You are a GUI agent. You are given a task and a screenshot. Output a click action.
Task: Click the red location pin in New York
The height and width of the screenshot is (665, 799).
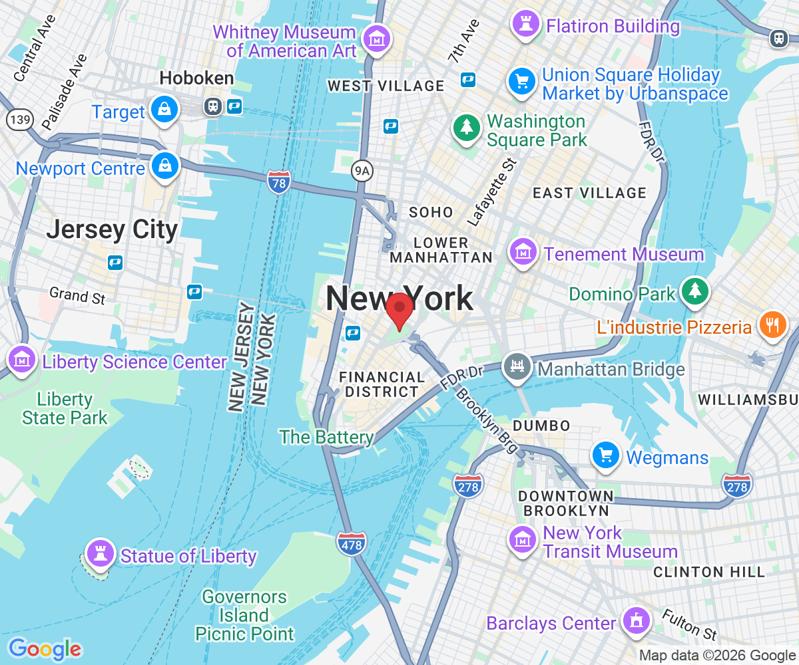400,308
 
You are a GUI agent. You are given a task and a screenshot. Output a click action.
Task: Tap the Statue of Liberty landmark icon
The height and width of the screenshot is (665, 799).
101,552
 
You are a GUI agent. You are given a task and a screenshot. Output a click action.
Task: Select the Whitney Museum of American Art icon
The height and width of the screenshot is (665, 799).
378,39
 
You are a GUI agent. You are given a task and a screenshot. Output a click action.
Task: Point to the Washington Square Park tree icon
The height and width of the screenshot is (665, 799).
467,128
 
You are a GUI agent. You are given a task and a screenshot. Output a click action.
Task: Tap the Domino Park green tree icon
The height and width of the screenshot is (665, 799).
695,290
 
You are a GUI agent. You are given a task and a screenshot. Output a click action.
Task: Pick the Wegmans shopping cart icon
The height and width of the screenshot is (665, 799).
606,456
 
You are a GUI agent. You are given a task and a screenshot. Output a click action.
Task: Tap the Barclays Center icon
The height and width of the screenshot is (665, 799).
636,620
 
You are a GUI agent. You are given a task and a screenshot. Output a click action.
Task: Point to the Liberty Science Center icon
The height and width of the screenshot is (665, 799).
22,359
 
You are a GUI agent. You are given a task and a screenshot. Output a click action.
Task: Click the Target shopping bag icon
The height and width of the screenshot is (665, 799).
163,110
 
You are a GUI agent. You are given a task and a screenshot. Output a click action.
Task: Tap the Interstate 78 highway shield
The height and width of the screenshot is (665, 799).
279,182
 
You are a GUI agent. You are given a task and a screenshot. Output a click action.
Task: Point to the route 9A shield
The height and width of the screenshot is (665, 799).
362,172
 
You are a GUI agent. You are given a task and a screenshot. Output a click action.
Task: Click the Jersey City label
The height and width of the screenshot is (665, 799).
112,230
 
